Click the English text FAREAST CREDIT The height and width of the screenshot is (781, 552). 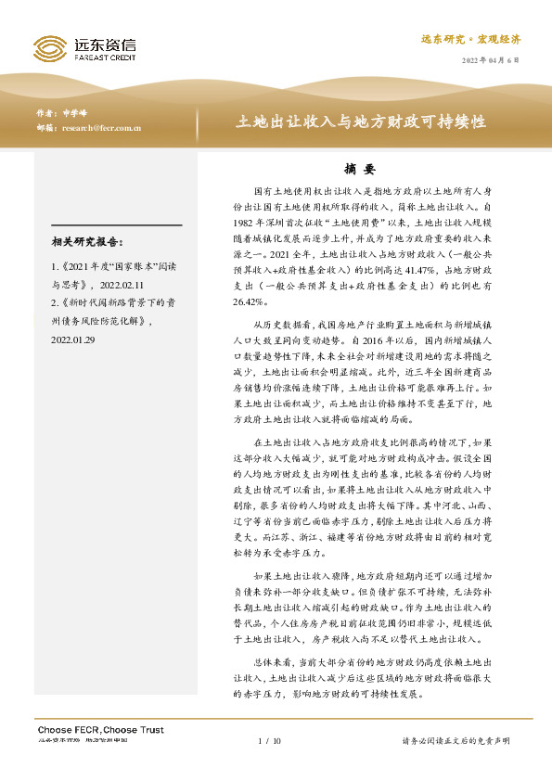pyautogui.click(x=105, y=57)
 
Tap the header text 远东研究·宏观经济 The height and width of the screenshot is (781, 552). pyautogui.click(x=470, y=39)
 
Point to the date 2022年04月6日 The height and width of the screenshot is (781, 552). pyautogui.click(x=491, y=59)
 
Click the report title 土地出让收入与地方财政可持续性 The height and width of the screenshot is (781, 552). pyautogui.click(x=363, y=122)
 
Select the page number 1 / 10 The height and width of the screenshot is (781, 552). pyautogui.click(x=268, y=741)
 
